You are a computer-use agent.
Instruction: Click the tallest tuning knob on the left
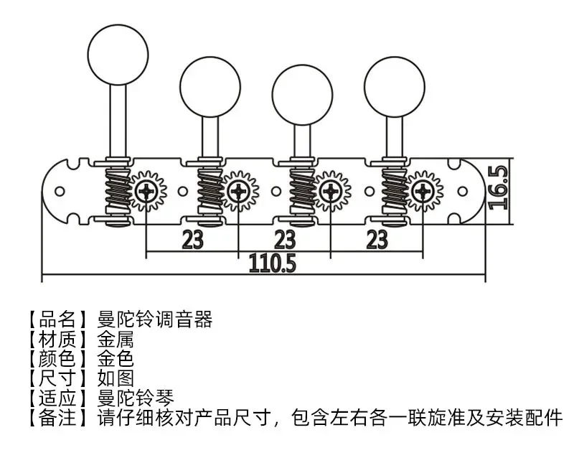point(118,55)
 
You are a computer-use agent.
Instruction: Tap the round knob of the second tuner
point(210,87)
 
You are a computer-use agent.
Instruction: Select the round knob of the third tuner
point(302,95)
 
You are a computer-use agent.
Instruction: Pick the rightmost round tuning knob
point(395,87)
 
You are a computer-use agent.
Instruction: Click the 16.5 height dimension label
point(499,187)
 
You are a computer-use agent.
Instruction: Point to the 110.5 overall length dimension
point(273,263)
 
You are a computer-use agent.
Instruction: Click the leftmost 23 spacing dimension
point(192,240)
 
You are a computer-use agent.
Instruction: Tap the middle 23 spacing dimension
point(285,240)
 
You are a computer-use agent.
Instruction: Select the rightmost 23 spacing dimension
point(377,240)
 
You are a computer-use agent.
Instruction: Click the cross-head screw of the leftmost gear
point(146,191)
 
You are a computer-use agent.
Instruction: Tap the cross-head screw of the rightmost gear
point(423,191)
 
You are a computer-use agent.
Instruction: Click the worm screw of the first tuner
point(117,191)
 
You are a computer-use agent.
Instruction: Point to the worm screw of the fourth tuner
point(394,191)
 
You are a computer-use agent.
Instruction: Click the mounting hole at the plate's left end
point(60,191)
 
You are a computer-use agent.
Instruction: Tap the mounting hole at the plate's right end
point(463,191)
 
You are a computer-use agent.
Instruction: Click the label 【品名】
point(58,319)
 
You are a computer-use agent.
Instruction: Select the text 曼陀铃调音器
point(154,319)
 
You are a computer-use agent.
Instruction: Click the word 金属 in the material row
point(116,340)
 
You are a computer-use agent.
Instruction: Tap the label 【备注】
point(58,418)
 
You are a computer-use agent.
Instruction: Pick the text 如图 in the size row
point(116,378)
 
